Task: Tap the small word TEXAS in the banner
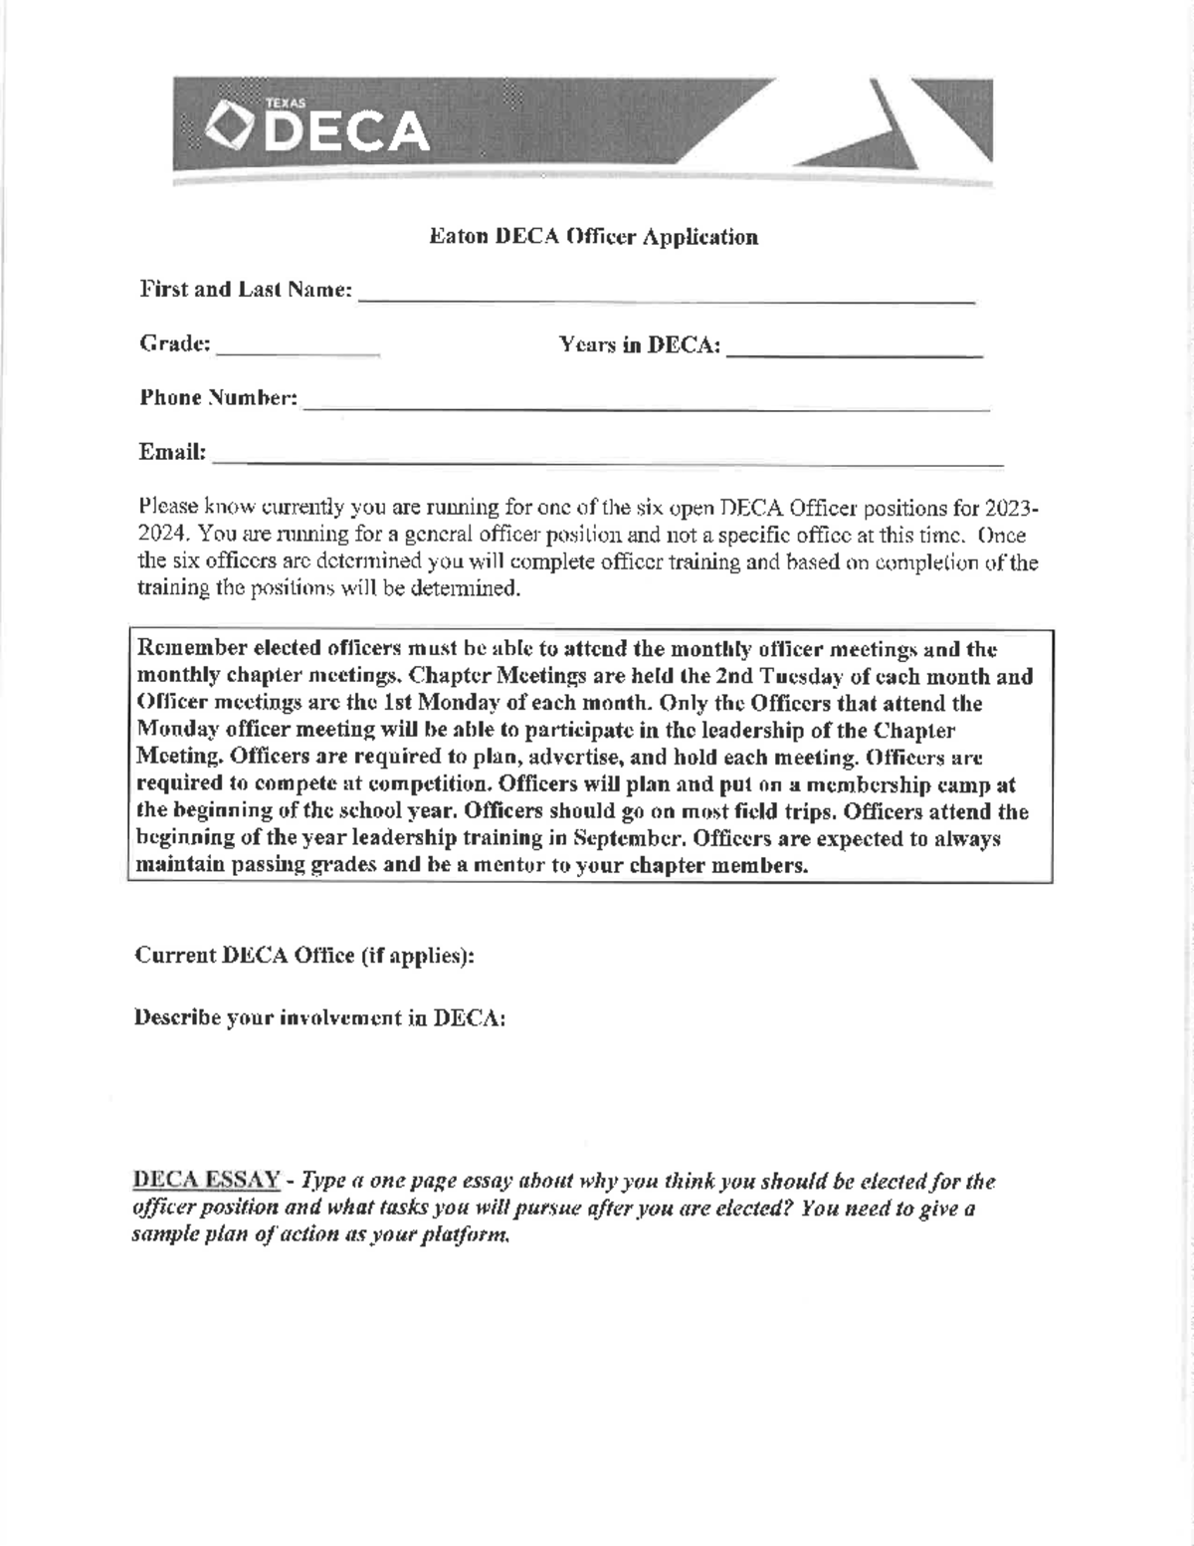[286, 103]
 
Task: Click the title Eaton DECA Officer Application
[593, 237]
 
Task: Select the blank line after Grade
[298, 350]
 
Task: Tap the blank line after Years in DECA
[855, 351]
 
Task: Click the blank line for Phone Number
[646, 405]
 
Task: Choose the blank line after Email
[608, 460]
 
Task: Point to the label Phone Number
[218, 398]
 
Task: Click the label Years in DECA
[639, 345]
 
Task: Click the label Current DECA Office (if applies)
[304, 956]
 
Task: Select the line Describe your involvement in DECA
[319, 1019]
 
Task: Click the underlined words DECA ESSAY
[206, 1182]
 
